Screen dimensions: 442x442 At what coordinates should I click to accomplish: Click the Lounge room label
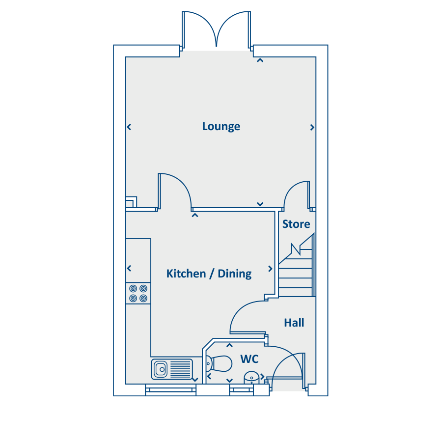point(221,127)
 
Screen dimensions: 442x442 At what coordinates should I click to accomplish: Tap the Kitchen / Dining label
point(209,274)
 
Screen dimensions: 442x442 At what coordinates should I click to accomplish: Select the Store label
point(296,224)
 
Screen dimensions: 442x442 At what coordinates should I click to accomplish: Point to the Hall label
point(294,323)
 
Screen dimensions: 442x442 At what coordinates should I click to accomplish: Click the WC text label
point(249,359)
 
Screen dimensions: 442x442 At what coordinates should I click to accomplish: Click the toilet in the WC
point(219,363)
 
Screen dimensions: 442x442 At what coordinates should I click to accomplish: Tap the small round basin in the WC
point(251,378)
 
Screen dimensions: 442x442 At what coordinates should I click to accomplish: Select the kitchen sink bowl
point(161,369)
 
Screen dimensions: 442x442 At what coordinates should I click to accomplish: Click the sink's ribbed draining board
point(180,369)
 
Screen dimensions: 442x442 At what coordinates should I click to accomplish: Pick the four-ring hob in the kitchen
point(138,294)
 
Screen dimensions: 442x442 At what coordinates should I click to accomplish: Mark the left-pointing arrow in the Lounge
point(129,127)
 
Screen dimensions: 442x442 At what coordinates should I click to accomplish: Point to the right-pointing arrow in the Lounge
point(312,127)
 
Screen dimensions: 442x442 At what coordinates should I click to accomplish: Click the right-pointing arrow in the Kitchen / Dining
point(270,269)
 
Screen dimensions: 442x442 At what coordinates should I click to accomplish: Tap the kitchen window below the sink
point(170,390)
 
